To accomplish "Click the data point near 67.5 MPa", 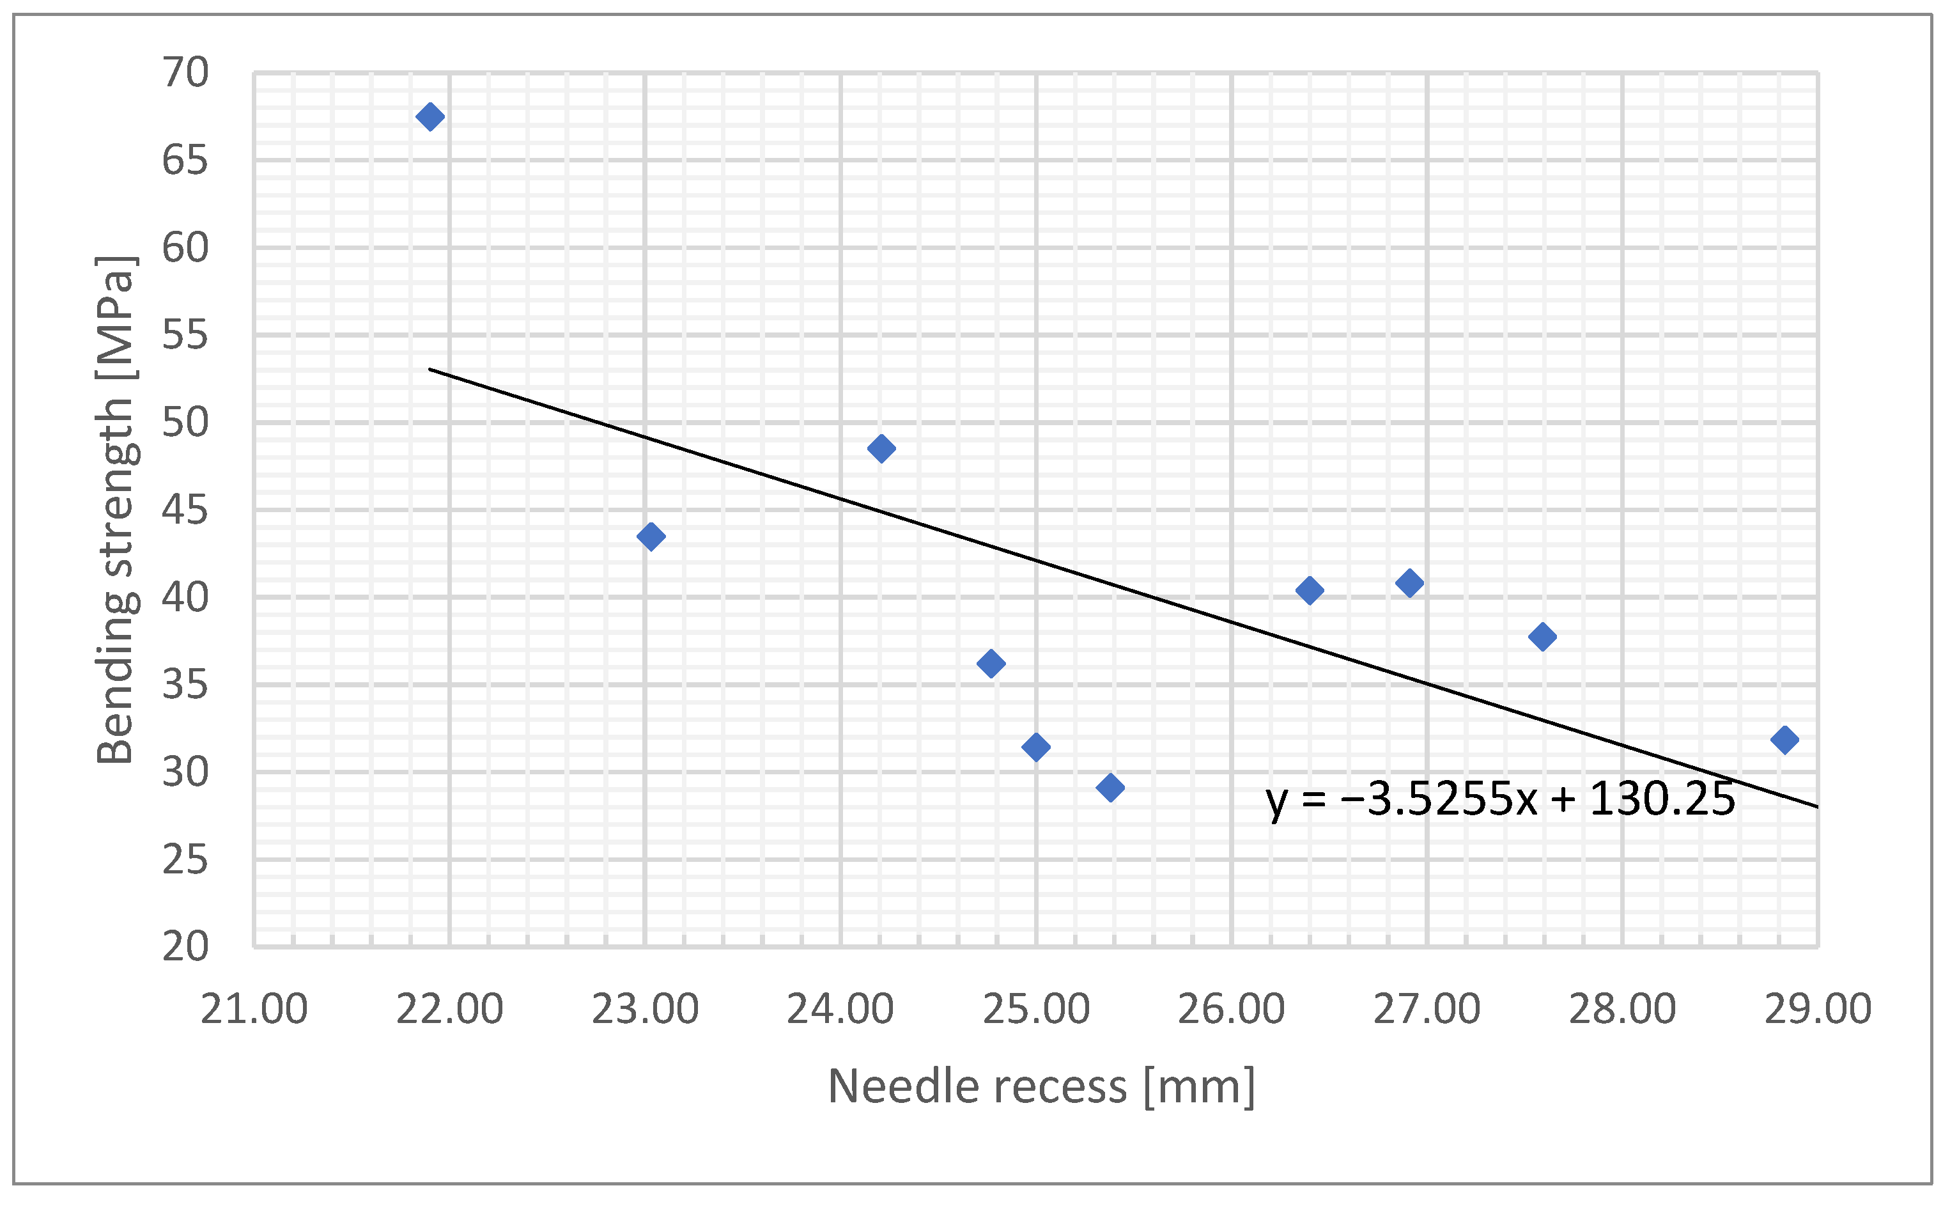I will tap(430, 117).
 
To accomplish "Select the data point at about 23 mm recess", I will tap(651, 536).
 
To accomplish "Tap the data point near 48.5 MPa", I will tap(881, 448).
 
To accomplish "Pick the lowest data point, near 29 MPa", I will tap(1110, 787).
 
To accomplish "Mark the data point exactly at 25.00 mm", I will tap(1036, 747).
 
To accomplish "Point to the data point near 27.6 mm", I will tap(1542, 637).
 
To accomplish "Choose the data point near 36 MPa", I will tap(991, 663).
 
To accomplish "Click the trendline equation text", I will tap(1500, 799).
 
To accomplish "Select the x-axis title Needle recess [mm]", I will tap(1041, 1087).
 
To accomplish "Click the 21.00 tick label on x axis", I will tap(254, 1009).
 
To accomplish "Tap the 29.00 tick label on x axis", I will tap(1818, 1009).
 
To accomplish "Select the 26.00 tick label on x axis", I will tap(1231, 1009).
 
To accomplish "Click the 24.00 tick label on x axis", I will tap(840, 1009).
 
